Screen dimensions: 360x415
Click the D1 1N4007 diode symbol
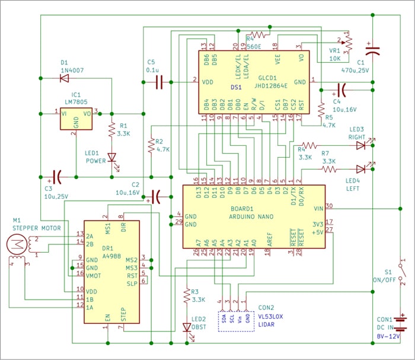coord(64,78)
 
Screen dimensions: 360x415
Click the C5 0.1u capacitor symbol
coord(159,81)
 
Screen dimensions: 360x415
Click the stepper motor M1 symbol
coord(16,243)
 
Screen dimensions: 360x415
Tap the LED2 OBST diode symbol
coord(187,327)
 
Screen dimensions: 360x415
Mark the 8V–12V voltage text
coord(389,336)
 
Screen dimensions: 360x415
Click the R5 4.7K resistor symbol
coord(321,111)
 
